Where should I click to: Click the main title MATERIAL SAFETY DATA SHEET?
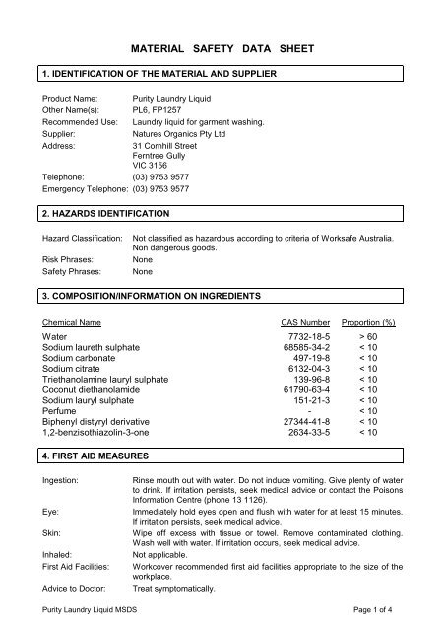tap(222, 45)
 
